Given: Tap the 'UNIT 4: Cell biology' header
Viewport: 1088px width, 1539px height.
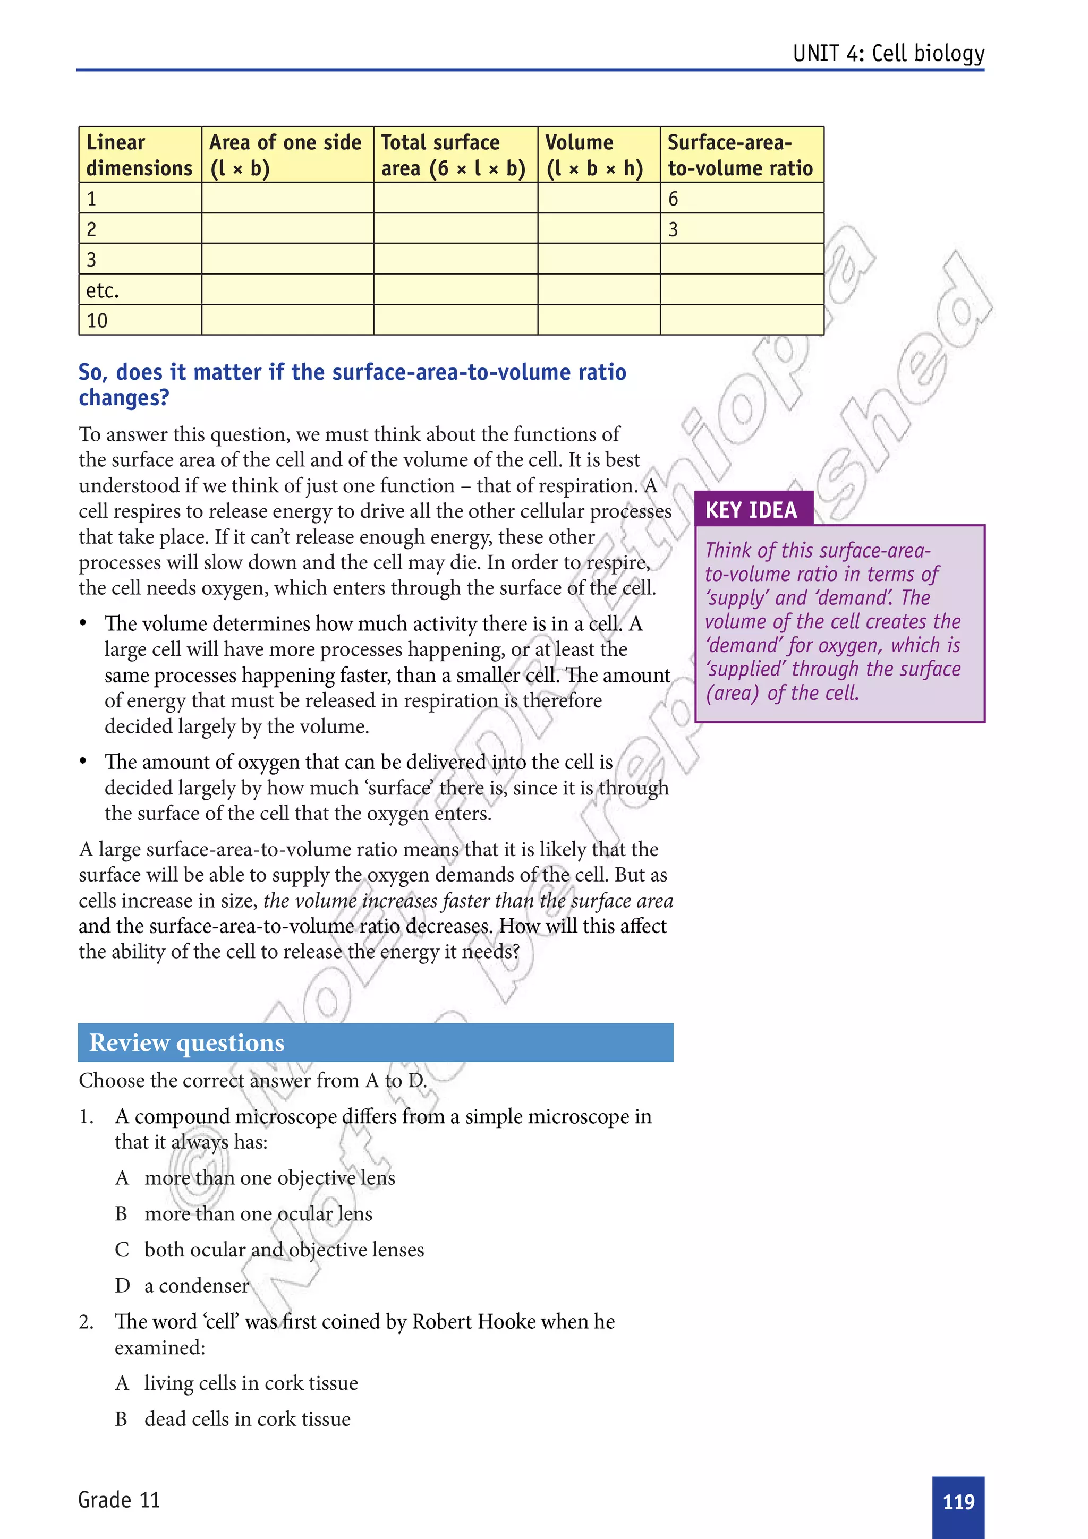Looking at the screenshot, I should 888,53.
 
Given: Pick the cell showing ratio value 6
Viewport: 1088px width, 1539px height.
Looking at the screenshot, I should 674,199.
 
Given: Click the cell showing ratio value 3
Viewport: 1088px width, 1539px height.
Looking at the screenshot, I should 674,229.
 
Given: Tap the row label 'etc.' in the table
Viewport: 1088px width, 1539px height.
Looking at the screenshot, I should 103,290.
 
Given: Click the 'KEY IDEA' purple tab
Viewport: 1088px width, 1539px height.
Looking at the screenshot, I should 752,510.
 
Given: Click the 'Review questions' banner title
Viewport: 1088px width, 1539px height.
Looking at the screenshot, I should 187,1043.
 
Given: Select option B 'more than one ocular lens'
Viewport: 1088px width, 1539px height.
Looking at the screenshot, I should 258,1214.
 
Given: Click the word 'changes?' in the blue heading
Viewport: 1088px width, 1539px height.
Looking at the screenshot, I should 124,397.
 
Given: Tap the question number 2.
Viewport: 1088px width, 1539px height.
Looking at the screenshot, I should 86,1322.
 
